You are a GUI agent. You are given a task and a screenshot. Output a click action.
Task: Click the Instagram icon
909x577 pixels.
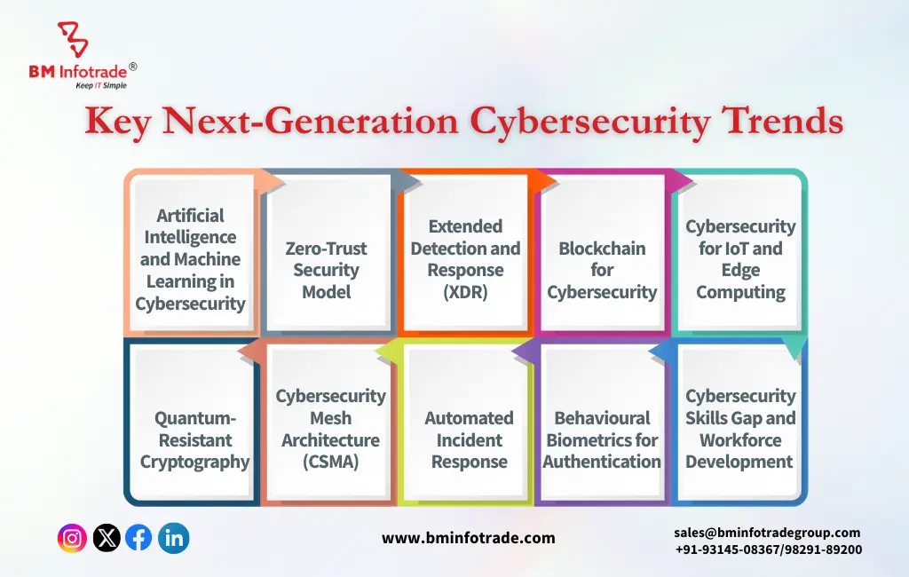[x=72, y=538]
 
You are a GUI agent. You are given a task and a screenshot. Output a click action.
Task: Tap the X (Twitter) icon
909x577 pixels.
[x=107, y=538]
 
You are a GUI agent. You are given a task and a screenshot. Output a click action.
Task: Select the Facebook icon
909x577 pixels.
[x=139, y=538]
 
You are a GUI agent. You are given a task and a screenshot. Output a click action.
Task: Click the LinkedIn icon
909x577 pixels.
[x=173, y=538]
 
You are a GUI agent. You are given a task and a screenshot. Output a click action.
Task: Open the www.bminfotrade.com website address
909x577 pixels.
[x=469, y=538]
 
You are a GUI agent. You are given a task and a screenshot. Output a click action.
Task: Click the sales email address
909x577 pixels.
[x=767, y=533]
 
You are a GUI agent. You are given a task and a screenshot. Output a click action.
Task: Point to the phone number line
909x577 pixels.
[x=769, y=549]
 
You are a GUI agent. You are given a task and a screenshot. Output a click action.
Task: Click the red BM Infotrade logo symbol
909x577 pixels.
[x=73, y=39]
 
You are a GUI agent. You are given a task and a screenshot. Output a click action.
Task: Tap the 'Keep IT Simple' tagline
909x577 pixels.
[x=101, y=85]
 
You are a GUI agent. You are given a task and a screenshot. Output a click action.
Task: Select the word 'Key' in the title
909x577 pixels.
[x=118, y=123]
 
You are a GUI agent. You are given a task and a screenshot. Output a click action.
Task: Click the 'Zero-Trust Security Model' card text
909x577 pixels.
[x=327, y=270]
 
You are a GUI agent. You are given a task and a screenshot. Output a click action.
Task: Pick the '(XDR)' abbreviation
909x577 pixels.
[x=465, y=292]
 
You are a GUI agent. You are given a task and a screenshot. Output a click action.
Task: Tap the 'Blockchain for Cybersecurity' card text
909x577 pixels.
[x=602, y=270]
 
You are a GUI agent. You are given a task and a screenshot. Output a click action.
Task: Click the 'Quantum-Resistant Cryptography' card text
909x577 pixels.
[x=194, y=439]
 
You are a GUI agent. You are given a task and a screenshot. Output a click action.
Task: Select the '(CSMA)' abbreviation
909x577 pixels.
[x=330, y=462]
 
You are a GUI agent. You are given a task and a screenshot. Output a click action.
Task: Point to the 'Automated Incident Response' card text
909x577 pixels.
[x=469, y=439]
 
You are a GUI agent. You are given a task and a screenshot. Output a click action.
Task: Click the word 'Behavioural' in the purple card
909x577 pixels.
[x=603, y=417]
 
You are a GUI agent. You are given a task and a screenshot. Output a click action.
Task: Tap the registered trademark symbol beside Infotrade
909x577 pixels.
[x=133, y=67]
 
